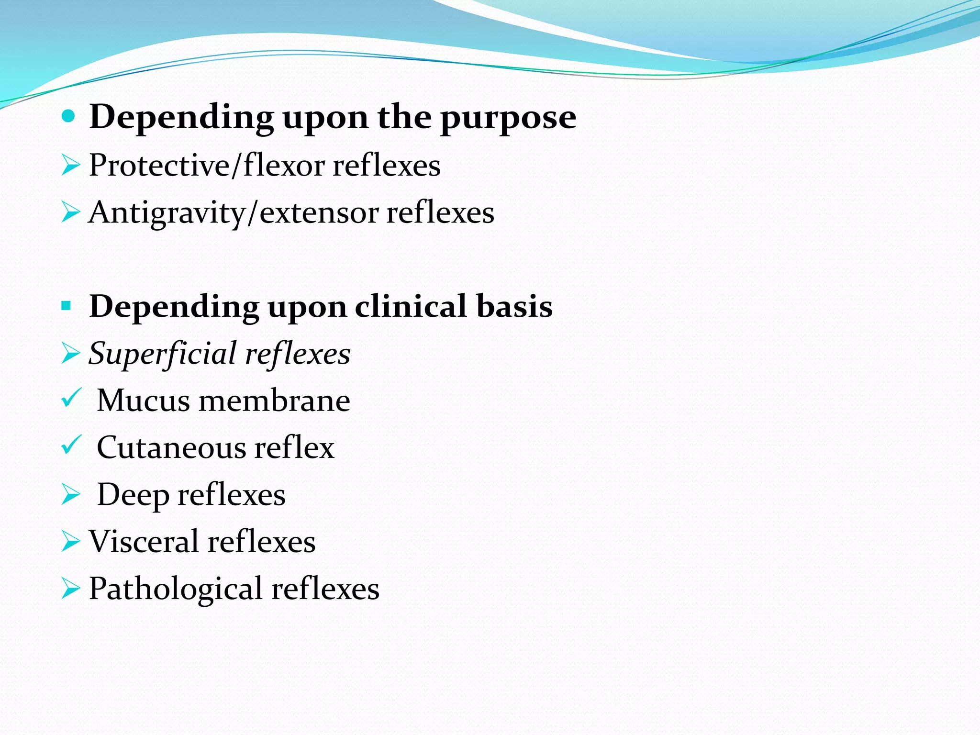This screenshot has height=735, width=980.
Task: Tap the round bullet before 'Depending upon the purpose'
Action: (69, 116)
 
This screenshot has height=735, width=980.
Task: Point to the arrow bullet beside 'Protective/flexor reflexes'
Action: (70, 166)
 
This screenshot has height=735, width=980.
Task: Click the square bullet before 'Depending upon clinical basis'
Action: (67, 305)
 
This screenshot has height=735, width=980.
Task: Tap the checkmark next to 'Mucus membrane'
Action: (71, 398)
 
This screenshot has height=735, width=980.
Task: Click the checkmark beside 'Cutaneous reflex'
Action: (71, 445)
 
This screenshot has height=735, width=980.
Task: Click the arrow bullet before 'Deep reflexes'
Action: (70, 494)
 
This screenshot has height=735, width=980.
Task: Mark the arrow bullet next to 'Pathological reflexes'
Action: (70, 589)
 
